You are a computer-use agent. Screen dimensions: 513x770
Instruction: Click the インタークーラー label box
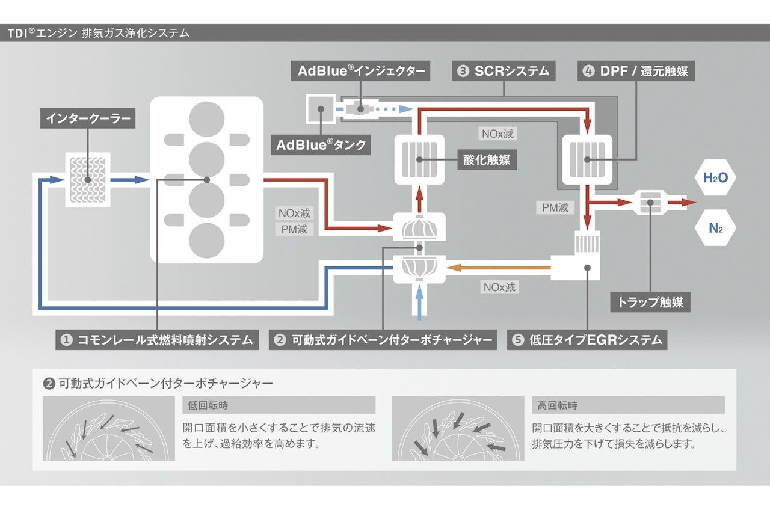tap(88, 118)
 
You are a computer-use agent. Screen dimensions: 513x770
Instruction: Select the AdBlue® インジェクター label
tap(362, 71)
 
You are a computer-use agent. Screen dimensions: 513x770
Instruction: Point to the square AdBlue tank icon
tap(321, 109)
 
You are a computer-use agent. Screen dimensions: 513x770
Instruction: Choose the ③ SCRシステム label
tap(504, 71)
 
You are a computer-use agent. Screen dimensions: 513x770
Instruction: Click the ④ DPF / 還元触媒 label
tap(636, 71)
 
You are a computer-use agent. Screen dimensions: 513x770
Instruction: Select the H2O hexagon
tap(715, 177)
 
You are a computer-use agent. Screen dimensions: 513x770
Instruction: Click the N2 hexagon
tap(715, 228)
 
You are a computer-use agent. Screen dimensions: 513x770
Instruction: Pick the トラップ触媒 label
tap(650, 301)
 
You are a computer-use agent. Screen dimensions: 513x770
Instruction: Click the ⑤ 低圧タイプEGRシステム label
tap(587, 340)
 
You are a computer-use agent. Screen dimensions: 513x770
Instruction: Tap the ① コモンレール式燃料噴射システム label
tap(157, 340)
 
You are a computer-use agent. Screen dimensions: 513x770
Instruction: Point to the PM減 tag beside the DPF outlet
tap(555, 208)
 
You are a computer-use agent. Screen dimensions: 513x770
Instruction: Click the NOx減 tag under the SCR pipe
tap(497, 133)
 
